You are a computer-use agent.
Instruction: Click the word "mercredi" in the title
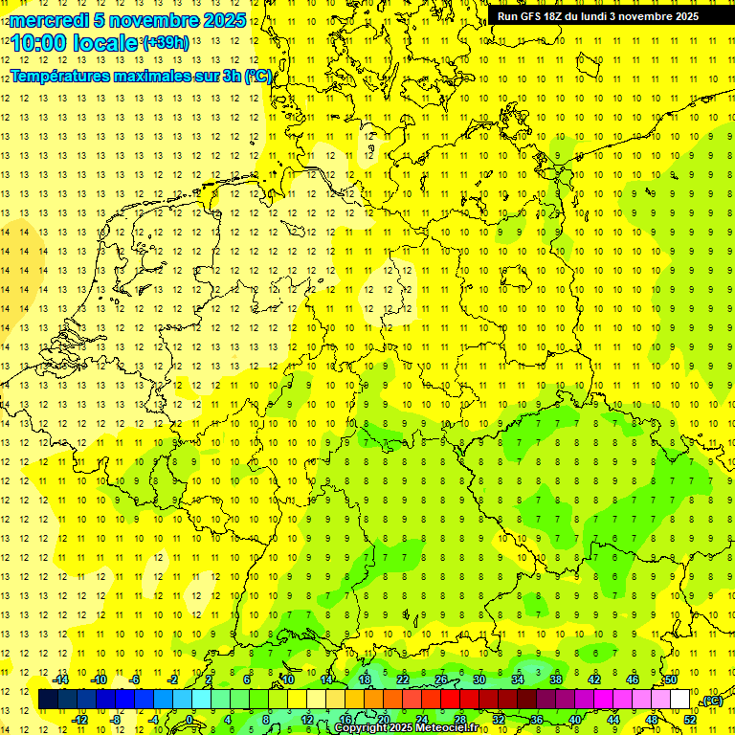tap(48, 20)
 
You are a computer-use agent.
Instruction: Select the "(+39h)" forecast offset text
tap(166, 43)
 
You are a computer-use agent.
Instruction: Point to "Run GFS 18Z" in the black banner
tap(531, 16)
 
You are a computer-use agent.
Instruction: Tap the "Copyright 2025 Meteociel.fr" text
tap(406, 728)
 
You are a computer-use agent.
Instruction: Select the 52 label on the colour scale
tap(691, 720)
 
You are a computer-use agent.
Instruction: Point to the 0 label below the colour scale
tap(189, 720)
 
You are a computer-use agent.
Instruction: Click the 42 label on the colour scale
tap(593, 679)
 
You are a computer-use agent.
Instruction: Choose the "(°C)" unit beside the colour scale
tap(711, 702)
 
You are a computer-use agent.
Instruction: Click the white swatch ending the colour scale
tap(680, 700)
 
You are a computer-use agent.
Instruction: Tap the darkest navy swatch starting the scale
tap(48, 700)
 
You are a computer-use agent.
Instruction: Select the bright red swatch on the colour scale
tap(451, 700)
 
